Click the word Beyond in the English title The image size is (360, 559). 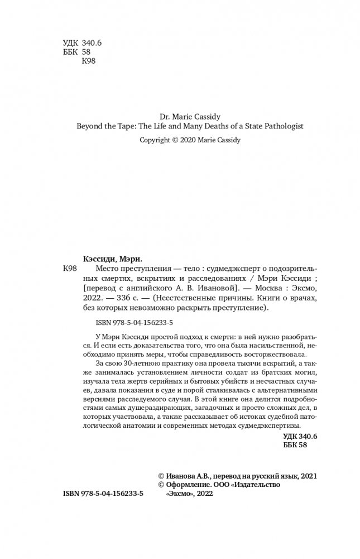pyautogui.click(x=88, y=127)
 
